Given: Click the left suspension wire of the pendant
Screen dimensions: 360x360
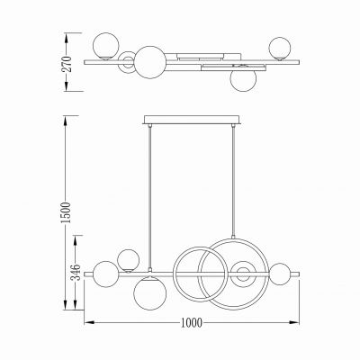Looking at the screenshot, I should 148,193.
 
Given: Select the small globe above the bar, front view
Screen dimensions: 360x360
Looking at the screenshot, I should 129,259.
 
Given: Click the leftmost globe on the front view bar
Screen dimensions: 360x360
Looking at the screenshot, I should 106,272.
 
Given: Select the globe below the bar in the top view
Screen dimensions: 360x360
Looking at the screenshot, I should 240,77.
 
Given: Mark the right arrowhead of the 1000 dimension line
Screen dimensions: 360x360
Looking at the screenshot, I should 300,321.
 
